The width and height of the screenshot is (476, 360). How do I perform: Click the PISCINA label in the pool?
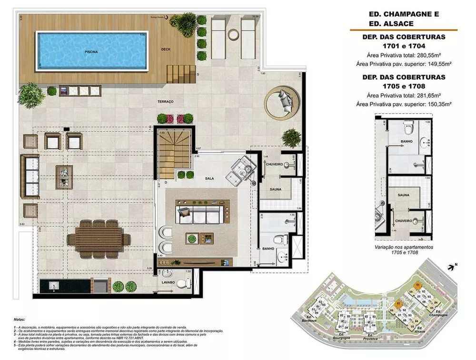(91, 51)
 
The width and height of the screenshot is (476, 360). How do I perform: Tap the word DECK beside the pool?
(166, 49)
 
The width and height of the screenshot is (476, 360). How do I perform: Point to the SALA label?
(209, 178)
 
